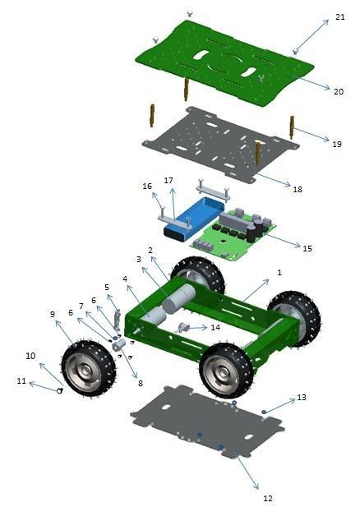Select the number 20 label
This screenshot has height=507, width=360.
338,91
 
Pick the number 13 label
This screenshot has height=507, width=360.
301,397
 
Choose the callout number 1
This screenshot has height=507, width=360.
279,271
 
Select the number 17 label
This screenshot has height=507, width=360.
168,180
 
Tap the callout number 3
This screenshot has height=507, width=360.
139,259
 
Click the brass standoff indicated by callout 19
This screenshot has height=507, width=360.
292,127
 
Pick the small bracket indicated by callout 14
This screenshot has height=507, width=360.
184,327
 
